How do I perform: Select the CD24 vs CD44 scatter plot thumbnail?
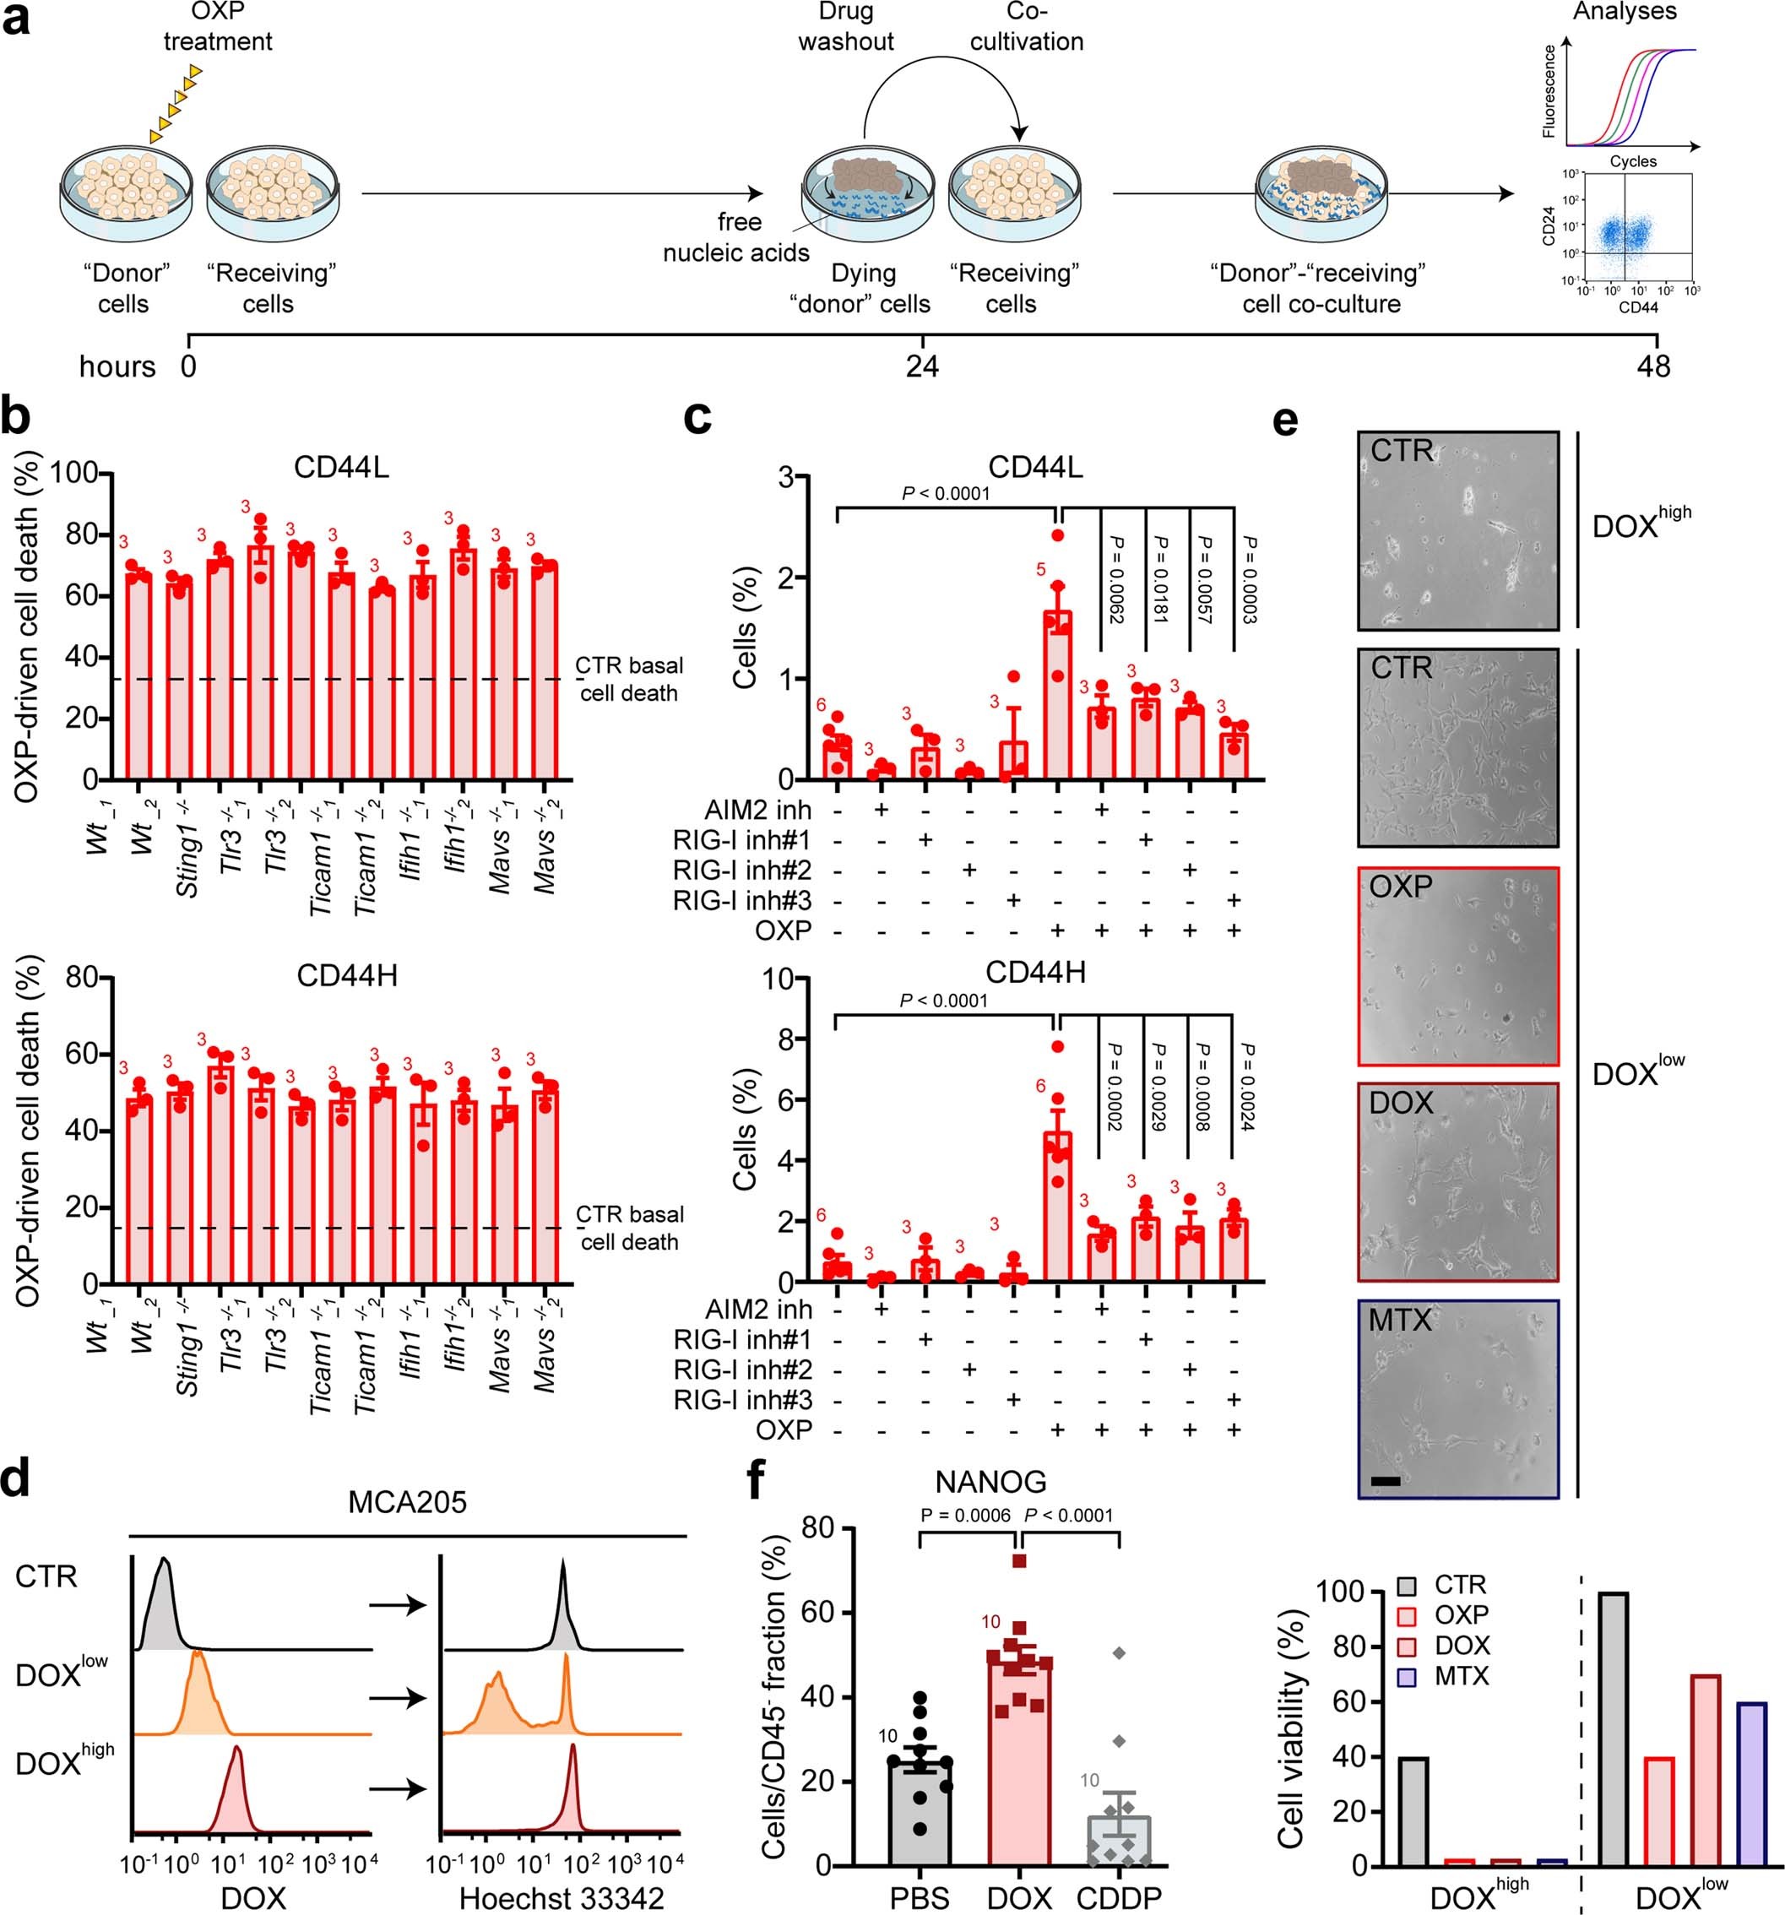[1636, 227]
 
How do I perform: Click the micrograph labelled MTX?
[1457, 1397]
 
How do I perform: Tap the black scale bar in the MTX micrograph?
[1384, 1479]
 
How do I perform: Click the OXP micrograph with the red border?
[1457, 965]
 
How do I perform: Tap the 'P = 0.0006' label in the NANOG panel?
[965, 1516]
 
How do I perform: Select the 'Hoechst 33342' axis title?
[562, 1897]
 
